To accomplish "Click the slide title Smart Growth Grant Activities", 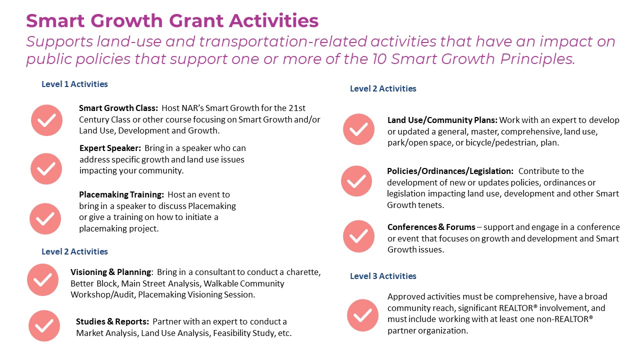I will (x=172, y=21).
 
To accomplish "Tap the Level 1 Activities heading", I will (x=74, y=84).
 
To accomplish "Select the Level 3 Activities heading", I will (x=383, y=276).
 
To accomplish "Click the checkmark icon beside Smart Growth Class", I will (x=46, y=120).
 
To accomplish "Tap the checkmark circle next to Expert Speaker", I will (x=46, y=168).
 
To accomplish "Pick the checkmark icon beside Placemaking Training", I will (x=45, y=218).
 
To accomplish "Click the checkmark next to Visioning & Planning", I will (x=42, y=279).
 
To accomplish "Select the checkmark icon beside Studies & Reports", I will (x=44, y=326).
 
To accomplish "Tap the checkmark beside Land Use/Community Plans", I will (x=358, y=129).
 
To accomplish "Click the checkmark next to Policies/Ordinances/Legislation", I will (x=356, y=181).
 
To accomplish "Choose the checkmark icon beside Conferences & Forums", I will (x=358, y=236).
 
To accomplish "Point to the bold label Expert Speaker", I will (x=110, y=148).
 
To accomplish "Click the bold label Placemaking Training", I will (x=121, y=194).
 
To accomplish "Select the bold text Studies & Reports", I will (x=112, y=321).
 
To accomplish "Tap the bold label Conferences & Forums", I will (x=431, y=227).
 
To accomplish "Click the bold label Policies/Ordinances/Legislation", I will (x=450, y=171).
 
